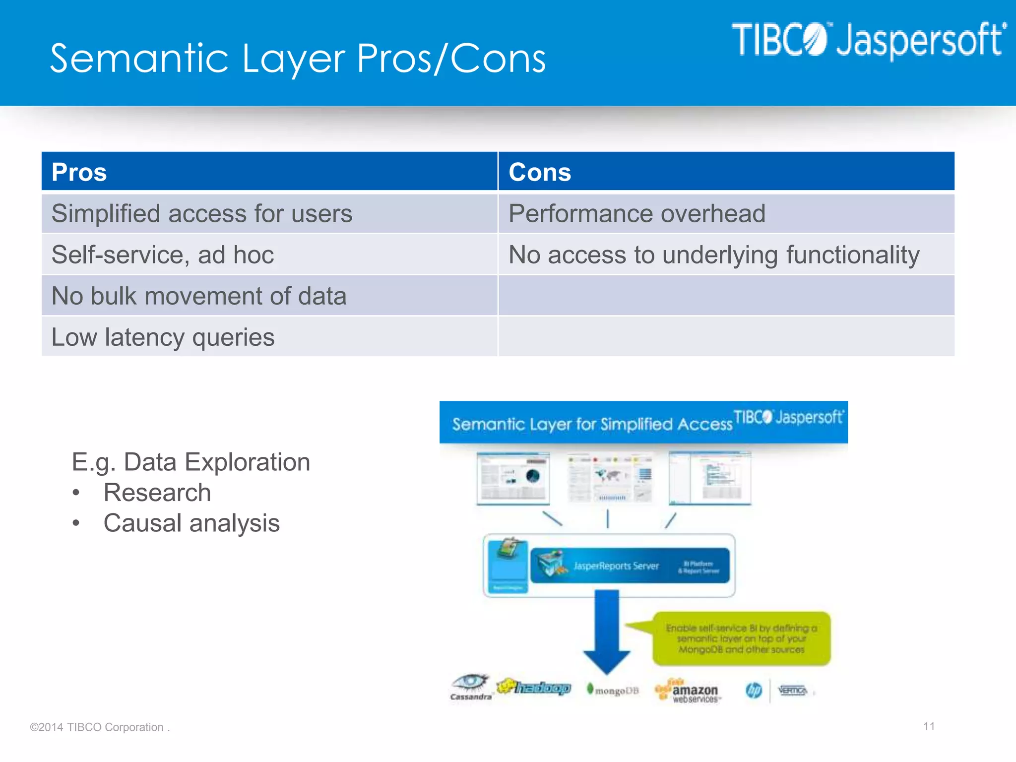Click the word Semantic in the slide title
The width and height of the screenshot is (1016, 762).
coord(139,59)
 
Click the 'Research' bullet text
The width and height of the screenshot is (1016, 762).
coord(157,493)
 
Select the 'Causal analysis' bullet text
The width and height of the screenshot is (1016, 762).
coord(191,523)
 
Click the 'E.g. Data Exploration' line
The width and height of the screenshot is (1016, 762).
coord(191,462)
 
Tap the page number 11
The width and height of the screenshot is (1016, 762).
coord(929,727)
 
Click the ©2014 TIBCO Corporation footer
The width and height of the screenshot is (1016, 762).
coord(99,727)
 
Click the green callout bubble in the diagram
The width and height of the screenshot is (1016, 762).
coord(741,639)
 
